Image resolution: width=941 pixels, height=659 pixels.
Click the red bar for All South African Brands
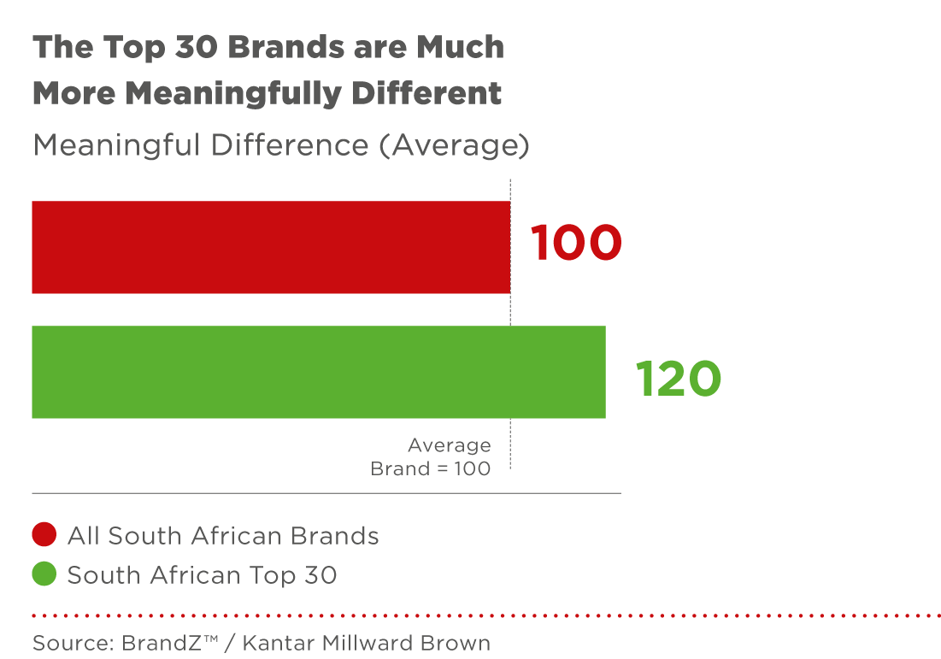tap(270, 247)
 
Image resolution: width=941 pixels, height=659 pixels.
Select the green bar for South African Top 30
tap(318, 372)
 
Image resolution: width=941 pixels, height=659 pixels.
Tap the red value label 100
tap(576, 243)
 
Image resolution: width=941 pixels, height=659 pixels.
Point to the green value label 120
tap(679, 378)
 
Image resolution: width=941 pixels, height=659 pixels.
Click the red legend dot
tap(44, 535)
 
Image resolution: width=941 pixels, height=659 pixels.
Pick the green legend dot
tap(44, 575)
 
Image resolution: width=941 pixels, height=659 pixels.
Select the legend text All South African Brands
tap(223, 536)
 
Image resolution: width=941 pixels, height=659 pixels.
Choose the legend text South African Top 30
tap(202, 575)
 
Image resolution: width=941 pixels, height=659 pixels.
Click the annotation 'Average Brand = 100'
tap(431, 456)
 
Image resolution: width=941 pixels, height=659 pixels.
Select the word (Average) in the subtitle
tap(454, 146)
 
